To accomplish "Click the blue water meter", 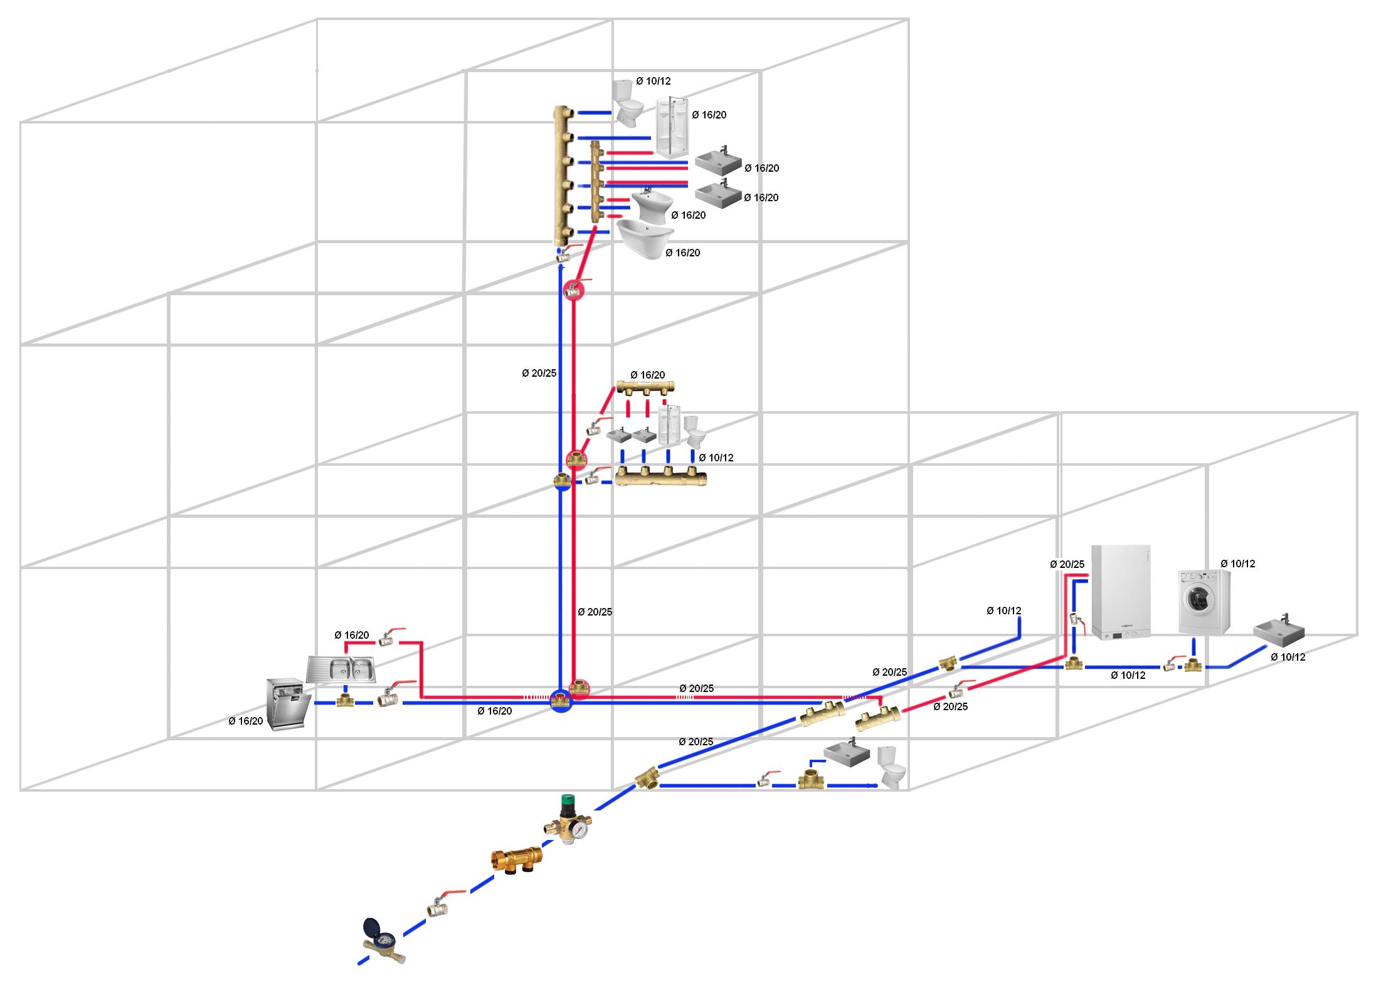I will click(381, 941).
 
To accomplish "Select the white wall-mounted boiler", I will click(1121, 592).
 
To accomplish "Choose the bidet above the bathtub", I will click(652, 205).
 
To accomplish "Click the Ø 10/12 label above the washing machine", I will click(1237, 564).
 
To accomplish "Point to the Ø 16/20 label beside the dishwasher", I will click(246, 721).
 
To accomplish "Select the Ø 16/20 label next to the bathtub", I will click(682, 253).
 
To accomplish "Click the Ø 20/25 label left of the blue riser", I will click(539, 373).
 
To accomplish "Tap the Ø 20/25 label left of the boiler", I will click(1067, 564).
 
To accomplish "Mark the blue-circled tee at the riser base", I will click(561, 700).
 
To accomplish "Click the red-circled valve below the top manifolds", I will click(573, 290).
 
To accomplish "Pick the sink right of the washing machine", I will click(1278, 632).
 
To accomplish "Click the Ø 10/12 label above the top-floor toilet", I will click(653, 81).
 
